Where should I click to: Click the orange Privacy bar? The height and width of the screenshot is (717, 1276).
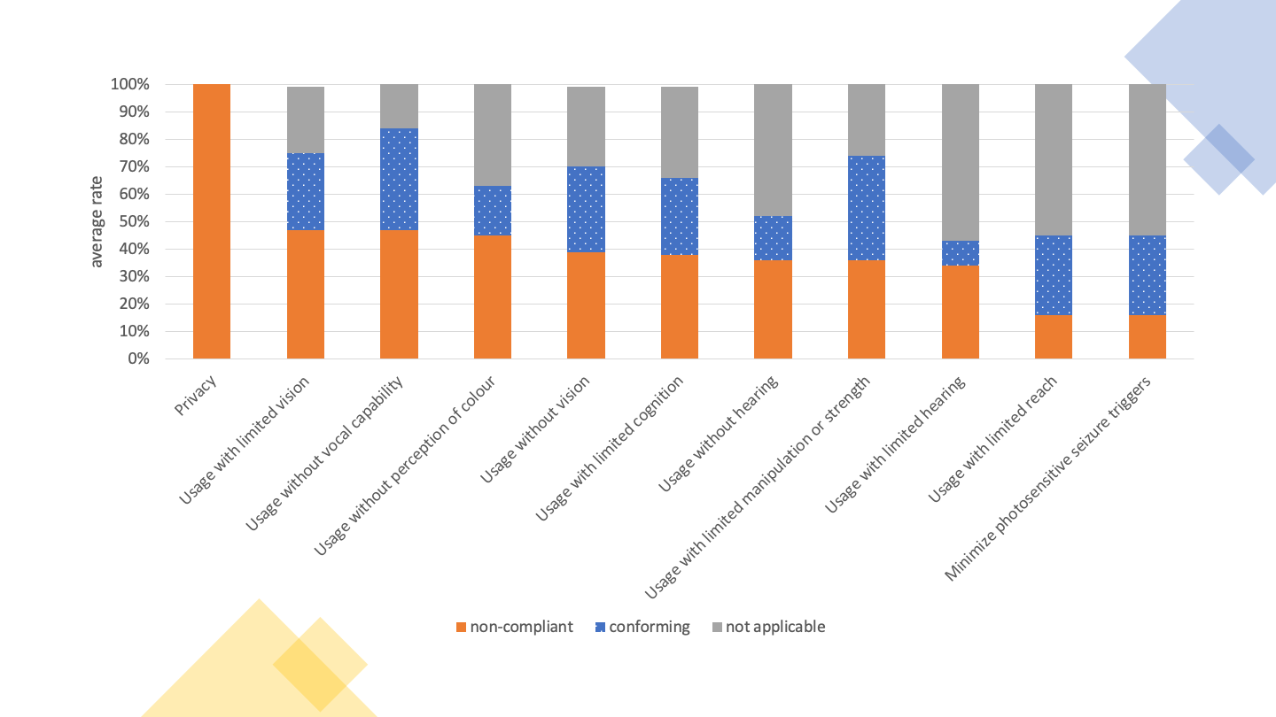point(212,221)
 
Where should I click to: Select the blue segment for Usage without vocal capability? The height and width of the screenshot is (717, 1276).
point(399,180)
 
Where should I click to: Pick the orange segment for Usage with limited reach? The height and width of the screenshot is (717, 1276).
point(1054,336)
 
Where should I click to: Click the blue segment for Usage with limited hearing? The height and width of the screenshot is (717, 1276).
point(961,253)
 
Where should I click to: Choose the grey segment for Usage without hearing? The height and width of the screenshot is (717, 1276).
point(773,150)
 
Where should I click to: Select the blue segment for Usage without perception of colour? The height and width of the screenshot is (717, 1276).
point(493,211)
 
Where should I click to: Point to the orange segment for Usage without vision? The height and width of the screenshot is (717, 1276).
point(586,305)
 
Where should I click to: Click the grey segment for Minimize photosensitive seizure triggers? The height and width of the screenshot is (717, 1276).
point(1148,159)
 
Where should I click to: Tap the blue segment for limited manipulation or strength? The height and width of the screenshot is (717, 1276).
point(867,208)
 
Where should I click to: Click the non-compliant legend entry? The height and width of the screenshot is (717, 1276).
point(514,627)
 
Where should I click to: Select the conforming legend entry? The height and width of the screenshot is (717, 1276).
point(642,627)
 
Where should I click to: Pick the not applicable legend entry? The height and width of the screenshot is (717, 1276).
point(767,627)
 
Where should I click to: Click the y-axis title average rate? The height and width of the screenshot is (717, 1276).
point(97,221)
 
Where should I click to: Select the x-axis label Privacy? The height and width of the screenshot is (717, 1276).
point(196,395)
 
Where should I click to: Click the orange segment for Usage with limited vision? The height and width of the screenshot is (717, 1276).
point(306,294)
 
